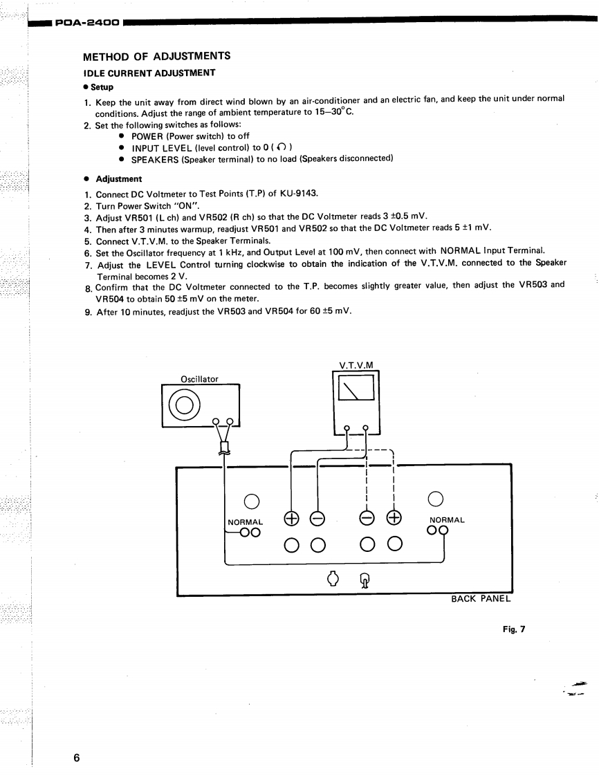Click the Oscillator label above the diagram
[x=199, y=379]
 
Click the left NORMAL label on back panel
[x=246, y=521]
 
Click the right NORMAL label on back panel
[x=447, y=519]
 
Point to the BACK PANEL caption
[x=481, y=599]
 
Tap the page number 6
[x=77, y=758]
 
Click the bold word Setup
[x=102, y=87]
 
